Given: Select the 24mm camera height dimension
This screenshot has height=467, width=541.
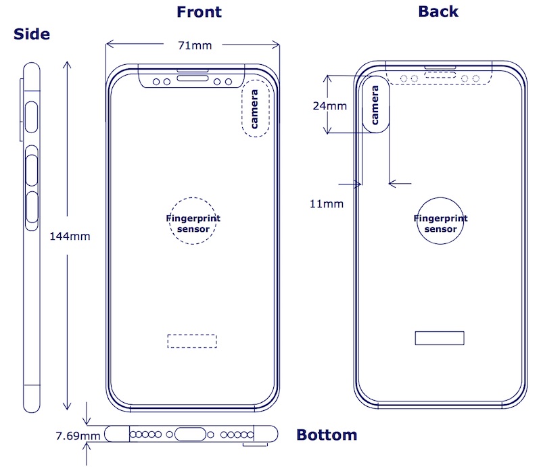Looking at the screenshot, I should [x=329, y=105].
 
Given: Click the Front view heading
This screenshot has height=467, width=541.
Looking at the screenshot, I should [x=199, y=11].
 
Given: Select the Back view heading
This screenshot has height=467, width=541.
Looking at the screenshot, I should [x=438, y=11].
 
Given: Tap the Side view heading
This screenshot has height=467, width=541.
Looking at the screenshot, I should [x=31, y=34].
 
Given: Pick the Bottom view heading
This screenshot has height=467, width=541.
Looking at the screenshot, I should [x=327, y=435].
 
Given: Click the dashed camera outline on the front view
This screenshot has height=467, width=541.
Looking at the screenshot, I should [x=255, y=112].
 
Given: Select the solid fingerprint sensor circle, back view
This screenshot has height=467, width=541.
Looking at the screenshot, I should [x=440, y=222].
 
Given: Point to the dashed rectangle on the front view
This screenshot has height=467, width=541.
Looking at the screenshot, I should [x=192, y=341].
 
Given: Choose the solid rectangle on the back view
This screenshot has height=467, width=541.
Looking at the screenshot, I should [x=440, y=338].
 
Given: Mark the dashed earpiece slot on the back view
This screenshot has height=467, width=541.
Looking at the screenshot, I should [x=438, y=78].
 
